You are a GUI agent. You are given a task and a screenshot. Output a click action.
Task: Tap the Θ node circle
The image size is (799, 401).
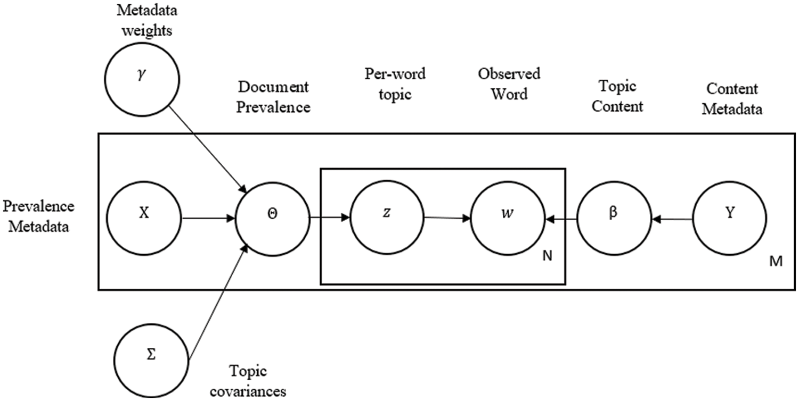tap(272, 218)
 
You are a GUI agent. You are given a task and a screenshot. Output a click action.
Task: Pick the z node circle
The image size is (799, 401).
tap(387, 218)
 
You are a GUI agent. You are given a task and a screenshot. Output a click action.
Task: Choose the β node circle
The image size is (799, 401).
tap(614, 218)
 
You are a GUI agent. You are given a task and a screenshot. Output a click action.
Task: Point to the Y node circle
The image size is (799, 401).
tap(730, 218)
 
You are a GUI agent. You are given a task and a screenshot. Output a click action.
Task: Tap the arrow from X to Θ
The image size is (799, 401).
tap(209, 218)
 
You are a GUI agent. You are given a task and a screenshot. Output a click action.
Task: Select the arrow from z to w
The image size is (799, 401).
tap(446, 218)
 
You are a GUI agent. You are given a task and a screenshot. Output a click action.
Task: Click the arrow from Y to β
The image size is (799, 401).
tap(672, 218)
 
